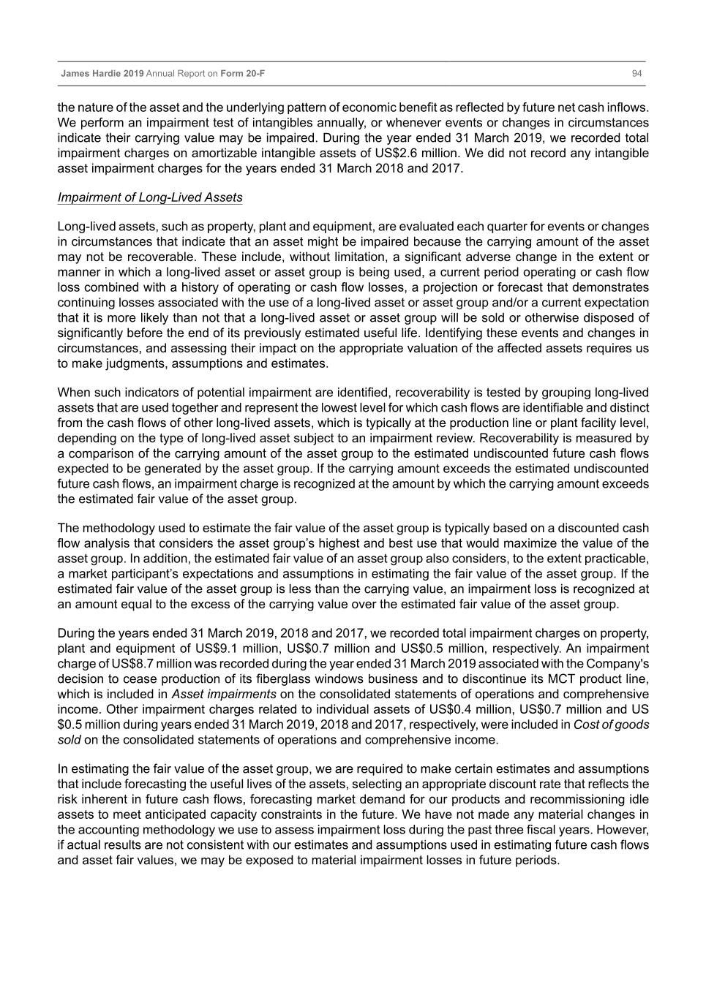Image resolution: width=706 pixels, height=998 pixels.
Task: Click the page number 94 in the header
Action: [636, 74]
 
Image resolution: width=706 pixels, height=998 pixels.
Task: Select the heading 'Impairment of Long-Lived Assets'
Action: [150, 197]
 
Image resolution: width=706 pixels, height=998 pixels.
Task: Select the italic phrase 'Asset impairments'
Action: [224, 694]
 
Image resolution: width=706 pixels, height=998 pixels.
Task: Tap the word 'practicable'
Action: [615, 559]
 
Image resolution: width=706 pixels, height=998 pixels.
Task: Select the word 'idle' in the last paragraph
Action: [639, 799]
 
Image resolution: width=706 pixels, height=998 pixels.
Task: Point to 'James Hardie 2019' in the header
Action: [102, 74]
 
